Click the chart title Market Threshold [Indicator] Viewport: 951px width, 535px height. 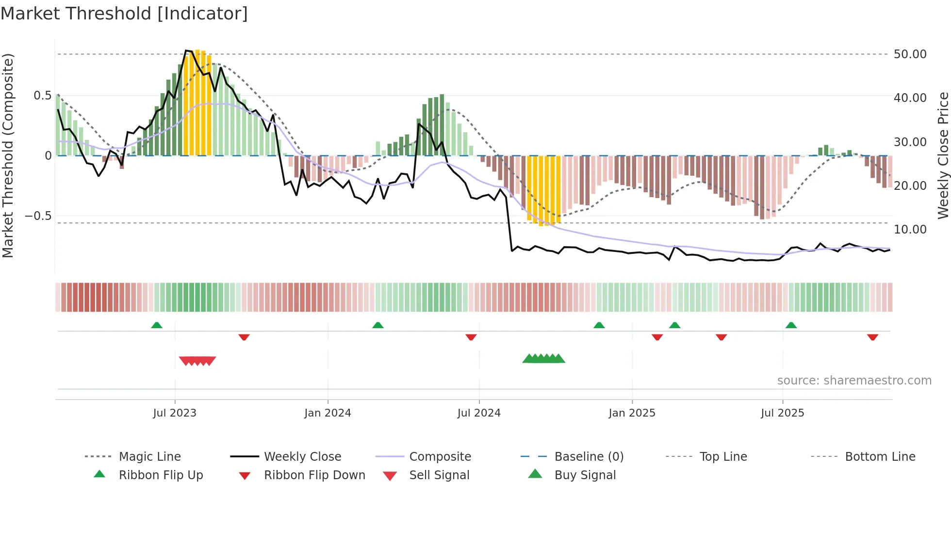(124, 14)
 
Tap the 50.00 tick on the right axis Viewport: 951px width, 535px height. (910, 54)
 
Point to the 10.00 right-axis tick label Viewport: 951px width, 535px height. (910, 230)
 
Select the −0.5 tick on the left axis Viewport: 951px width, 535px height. (38, 216)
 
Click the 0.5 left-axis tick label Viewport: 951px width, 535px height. (43, 96)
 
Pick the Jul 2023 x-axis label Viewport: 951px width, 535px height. (175, 413)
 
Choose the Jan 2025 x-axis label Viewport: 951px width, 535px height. (632, 413)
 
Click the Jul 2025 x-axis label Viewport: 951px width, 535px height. (782, 413)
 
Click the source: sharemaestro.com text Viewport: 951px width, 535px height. (854, 381)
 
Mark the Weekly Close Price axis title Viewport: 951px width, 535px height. (943, 155)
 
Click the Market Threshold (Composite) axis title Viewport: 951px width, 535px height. (8, 155)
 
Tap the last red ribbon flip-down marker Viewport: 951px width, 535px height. (872, 337)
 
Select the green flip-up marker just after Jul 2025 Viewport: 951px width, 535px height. (791, 325)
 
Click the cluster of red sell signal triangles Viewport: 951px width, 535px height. (197, 361)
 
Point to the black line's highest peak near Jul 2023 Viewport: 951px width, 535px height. (186, 50)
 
